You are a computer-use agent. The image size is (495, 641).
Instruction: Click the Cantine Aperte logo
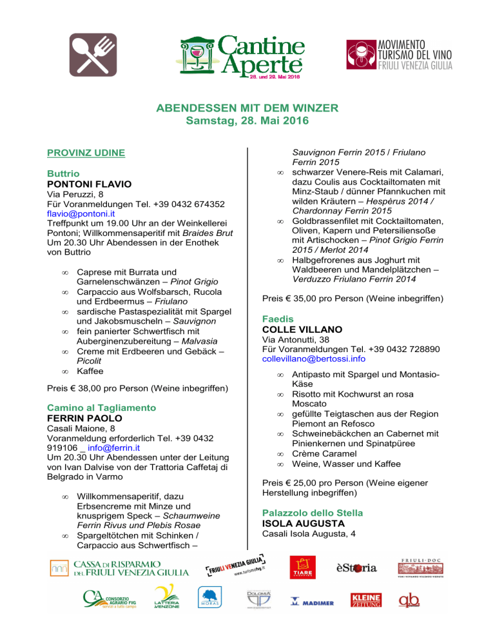[x=248, y=55]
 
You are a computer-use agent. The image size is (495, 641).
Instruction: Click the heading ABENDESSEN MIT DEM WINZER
[x=247, y=108]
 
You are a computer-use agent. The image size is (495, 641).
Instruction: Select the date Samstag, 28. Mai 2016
[x=247, y=121]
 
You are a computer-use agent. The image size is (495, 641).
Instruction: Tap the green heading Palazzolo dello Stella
[x=313, y=513]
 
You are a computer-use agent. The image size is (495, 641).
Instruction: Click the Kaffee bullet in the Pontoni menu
[x=90, y=371]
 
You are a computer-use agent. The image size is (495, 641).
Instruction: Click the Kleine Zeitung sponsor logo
[x=365, y=601]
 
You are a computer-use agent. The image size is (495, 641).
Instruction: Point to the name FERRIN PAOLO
[x=85, y=418]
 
